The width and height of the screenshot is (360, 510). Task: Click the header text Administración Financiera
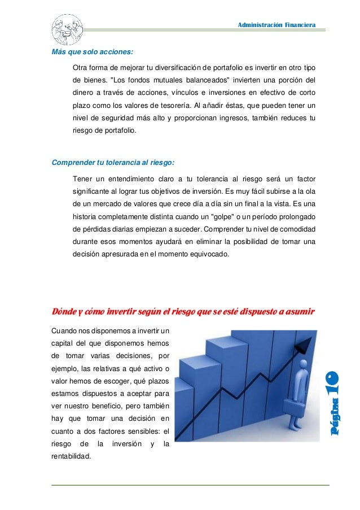[276, 24]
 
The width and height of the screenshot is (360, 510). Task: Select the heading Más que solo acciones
[93, 53]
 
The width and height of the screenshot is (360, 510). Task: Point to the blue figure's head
[305, 365]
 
